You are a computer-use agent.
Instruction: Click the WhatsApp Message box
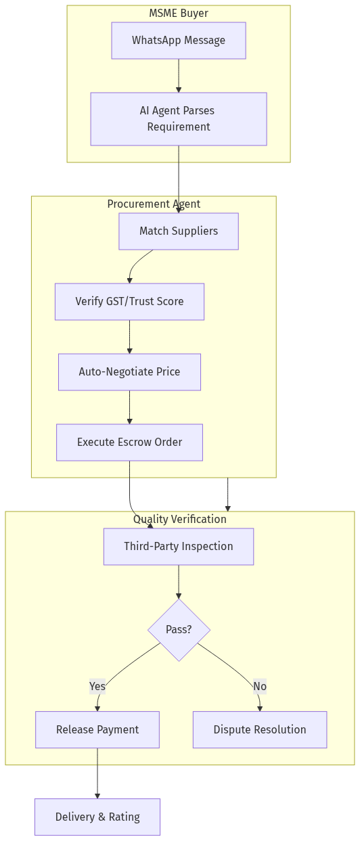pyautogui.click(x=179, y=41)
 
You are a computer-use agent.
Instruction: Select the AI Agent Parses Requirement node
pyautogui.click(x=179, y=119)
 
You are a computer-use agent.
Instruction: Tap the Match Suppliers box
pyautogui.click(x=179, y=231)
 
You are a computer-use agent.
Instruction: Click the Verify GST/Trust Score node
pyautogui.click(x=129, y=302)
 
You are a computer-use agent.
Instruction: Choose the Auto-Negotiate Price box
pyautogui.click(x=129, y=372)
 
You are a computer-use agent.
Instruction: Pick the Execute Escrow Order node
pyautogui.click(x=129, y=442)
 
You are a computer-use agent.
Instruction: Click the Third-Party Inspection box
pyautogui.click(x=179, y=547)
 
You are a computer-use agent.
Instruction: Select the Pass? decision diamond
pyautogui.click(x=179, y=630)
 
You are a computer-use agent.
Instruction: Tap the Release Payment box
pyautogui.click(x=97, y=729)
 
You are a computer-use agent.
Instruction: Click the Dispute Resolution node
pyautogui.click(x=260, y=729)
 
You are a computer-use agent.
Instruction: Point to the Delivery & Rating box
pyautogui.click(x=97, y=817)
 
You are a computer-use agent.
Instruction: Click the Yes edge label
pyautogui.click(x=97, y=687)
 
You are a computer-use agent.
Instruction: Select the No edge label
pyautogui.click(x=260, y=687)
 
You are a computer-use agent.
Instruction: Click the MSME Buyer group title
pyautogui.click(x=179, y=14)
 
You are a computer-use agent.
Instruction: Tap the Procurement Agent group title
pyautogui.click(x=154, y=204)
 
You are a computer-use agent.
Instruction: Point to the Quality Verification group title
pyautogui.click(x=180, y=520)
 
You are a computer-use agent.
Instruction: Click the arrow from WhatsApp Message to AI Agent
pyautogui.click(x=179, y=76)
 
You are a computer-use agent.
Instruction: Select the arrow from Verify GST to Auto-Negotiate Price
pyautogui.click(x=129, y=337)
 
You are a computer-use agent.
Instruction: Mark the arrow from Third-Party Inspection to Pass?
pyautogui.click(x=179, y=582)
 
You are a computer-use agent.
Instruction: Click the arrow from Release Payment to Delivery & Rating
pyautogui.click(x=97, y=773)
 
